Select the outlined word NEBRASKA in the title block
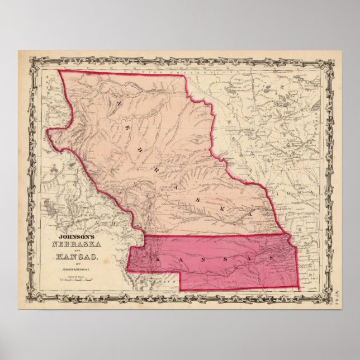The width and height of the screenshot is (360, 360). (x=72, y=247)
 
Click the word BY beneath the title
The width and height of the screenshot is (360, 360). (x=70, y=264)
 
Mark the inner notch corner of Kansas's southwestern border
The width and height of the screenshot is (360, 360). (x=178, y=271)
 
